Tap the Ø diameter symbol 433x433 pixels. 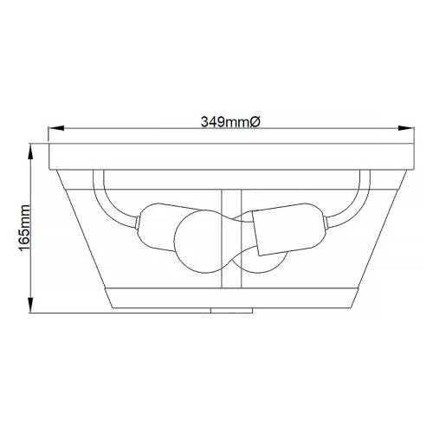tap(255, 121)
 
